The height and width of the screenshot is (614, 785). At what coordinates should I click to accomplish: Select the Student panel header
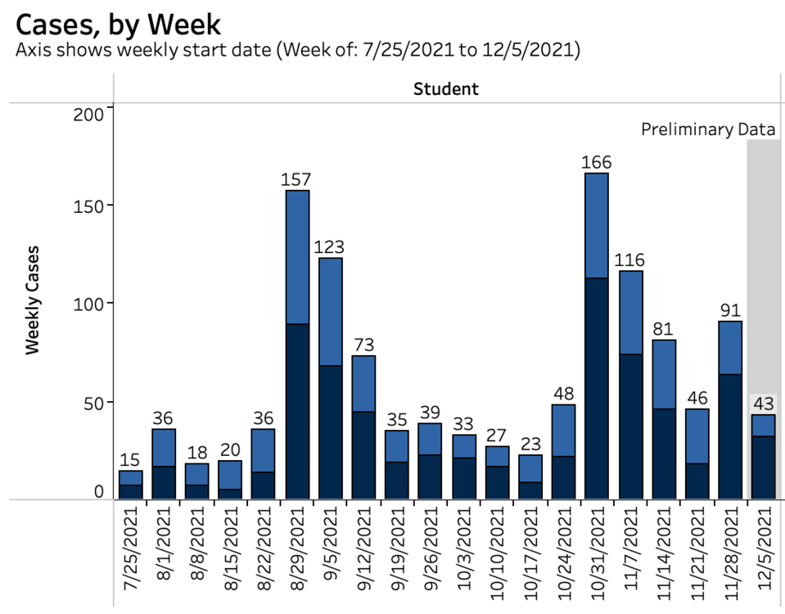tap(445, 89)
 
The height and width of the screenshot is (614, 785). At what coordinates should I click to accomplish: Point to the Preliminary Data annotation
tap(707, 129)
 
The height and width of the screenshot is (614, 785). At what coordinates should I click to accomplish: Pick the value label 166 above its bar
tap(597, 162)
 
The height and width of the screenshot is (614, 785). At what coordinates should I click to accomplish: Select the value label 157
tap(297, 179)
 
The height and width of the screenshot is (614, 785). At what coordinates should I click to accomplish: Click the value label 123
tap(330, 246)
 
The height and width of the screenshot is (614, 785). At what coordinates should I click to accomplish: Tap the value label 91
tap(729, 310)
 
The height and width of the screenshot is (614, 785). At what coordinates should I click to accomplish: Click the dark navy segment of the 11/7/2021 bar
tap(630, 427)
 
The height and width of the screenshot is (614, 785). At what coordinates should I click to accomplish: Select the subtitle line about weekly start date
tap(298, 51)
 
